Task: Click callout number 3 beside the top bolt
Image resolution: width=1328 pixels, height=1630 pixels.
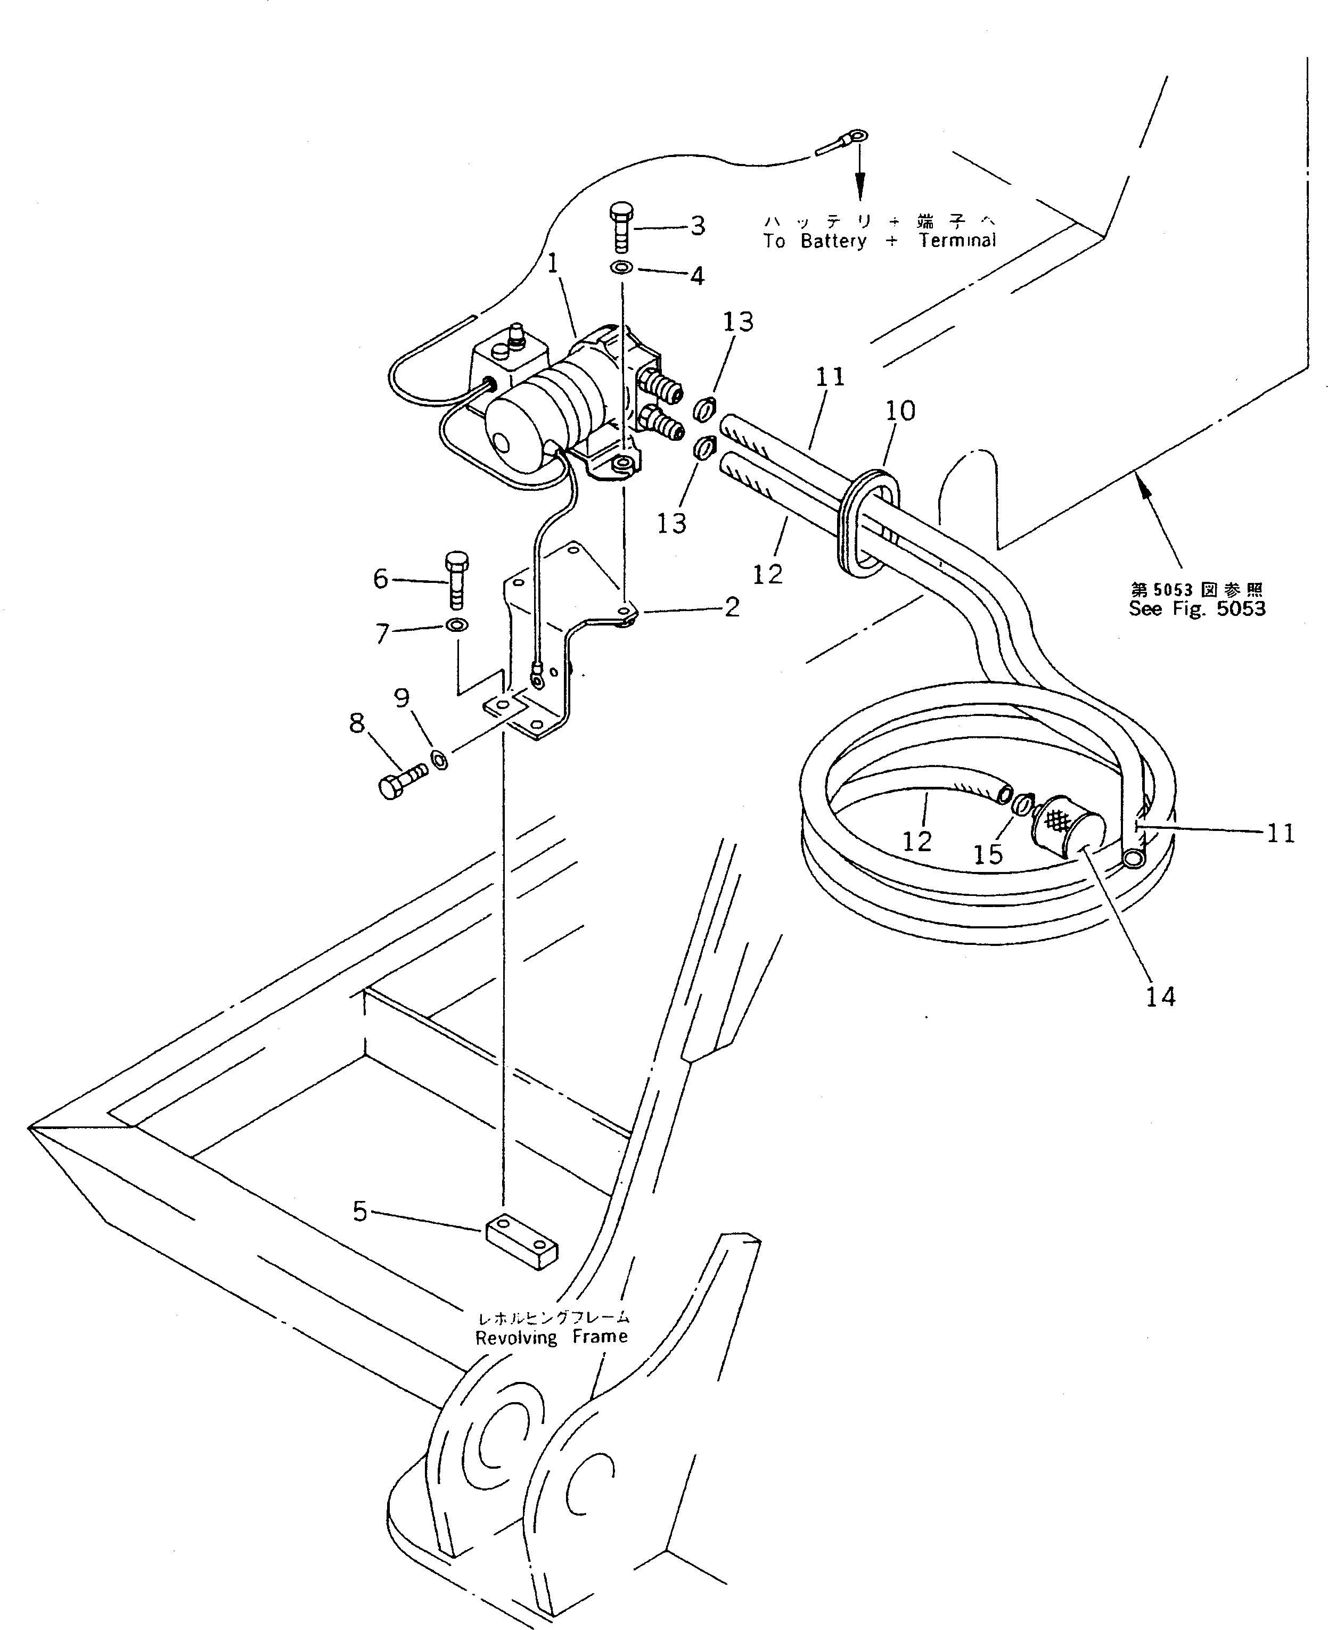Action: coord(697,226)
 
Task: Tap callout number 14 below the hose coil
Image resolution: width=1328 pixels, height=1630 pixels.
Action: coord(1160,997)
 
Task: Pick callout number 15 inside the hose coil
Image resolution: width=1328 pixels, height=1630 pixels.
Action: coord(988,854)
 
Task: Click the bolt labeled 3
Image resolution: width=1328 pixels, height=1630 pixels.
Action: coord(621,227)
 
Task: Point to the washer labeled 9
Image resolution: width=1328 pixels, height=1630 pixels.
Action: coord(440,760)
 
